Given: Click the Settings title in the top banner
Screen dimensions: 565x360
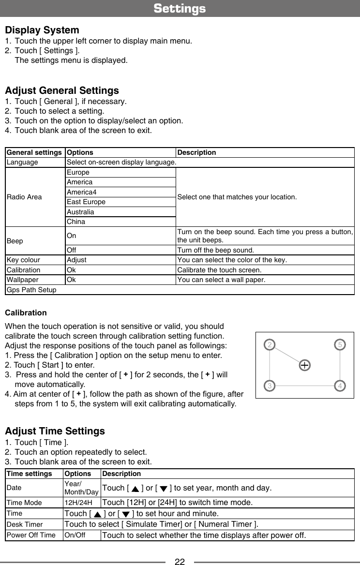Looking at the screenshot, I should coord(180,9).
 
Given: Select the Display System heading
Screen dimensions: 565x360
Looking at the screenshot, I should coord(42,30).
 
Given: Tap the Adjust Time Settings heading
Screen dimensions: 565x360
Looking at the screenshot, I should coord(55,431).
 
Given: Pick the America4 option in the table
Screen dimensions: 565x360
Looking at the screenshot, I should coord(81,192).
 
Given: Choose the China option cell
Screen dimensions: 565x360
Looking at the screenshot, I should coord(76,222).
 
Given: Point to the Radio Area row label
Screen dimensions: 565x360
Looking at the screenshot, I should coord(24,197).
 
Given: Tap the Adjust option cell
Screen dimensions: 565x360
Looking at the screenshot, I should coord(76,260).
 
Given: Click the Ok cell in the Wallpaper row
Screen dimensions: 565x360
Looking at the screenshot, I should coord(71,280).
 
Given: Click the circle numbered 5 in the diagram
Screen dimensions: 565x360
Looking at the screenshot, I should coord(341,345).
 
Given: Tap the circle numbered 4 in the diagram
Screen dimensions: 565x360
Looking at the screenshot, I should coord(341,386).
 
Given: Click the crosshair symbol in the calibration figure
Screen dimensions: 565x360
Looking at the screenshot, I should coord(304,365).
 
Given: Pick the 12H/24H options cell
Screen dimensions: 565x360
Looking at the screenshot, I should coord(78,503).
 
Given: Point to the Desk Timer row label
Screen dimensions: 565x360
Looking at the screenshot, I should coord(25,524).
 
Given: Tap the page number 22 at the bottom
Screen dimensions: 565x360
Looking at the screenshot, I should coord(180,562).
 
